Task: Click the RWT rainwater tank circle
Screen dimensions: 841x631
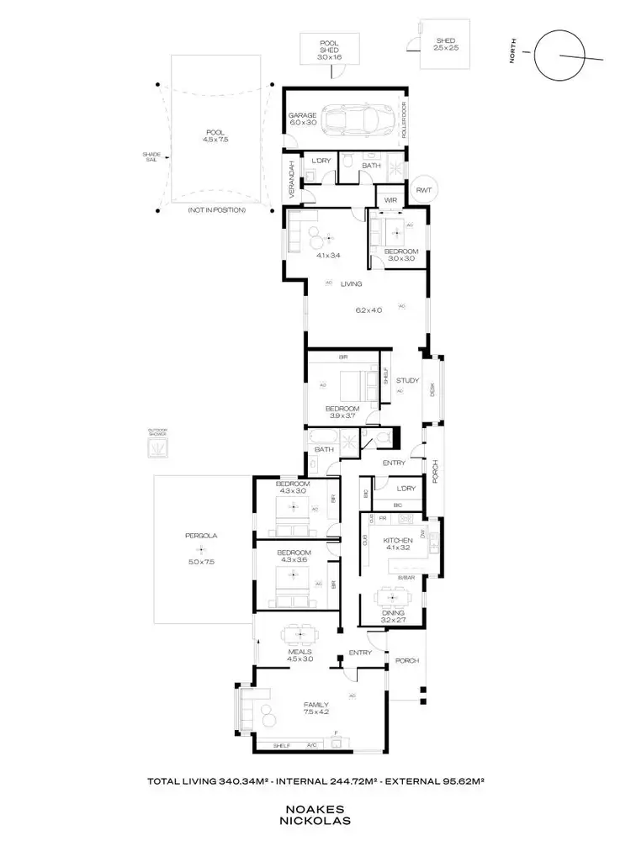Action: click(422, 190)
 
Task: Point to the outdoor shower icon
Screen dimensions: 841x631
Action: click(157, 447)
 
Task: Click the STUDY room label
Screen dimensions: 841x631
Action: click(407, 380)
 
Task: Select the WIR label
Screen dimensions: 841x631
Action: click(390, 199)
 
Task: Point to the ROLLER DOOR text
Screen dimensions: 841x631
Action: click(403, 120)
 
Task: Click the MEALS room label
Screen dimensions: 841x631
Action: click(300, 651)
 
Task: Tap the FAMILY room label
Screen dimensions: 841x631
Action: click(317, 705)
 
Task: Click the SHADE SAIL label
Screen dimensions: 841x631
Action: click(151, 157)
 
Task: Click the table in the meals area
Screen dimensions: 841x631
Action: click(300, 632)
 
